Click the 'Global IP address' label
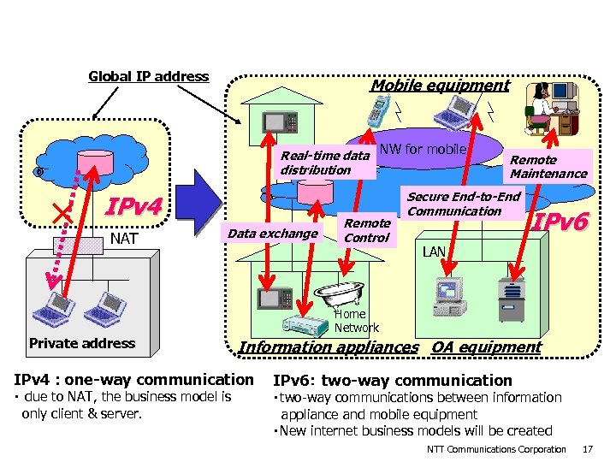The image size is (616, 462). coord(148,76)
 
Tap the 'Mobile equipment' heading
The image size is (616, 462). coord(439,85)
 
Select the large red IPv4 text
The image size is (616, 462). coord(133,207)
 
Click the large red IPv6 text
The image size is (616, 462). coord(560,222)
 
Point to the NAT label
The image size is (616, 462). coord(124,238)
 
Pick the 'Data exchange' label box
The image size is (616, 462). coord(271,233)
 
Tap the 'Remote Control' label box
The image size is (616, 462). coord(366,230)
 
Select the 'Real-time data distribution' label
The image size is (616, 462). coord(324,163)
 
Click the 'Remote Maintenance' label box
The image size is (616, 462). coord(548,166)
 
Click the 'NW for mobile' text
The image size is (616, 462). coord(422,150)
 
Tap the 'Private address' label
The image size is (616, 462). coord(82,343)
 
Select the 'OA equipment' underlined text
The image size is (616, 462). coord(486,346)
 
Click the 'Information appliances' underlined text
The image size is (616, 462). coord(329,346)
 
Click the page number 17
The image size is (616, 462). coord(587,449)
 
